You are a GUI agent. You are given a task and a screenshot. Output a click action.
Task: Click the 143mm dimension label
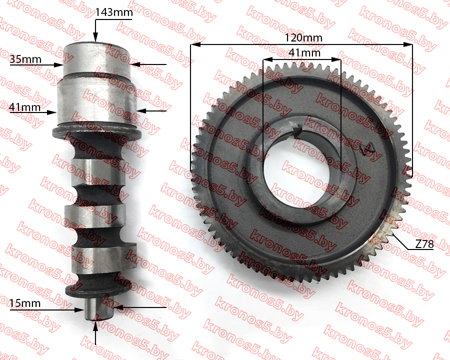[x=114, y=12]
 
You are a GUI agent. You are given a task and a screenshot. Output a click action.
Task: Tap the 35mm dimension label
[x=25, y=59]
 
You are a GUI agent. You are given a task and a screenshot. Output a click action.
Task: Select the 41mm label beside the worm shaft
[x=24, y=107]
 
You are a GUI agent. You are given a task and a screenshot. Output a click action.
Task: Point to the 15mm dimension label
[x=24, y=303]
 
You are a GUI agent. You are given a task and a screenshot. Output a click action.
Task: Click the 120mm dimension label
[x=303, y=37]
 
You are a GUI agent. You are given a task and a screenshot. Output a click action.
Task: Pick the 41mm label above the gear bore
[x=304, y=52]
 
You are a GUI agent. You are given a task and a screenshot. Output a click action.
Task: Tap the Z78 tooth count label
[x=424, y=244]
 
